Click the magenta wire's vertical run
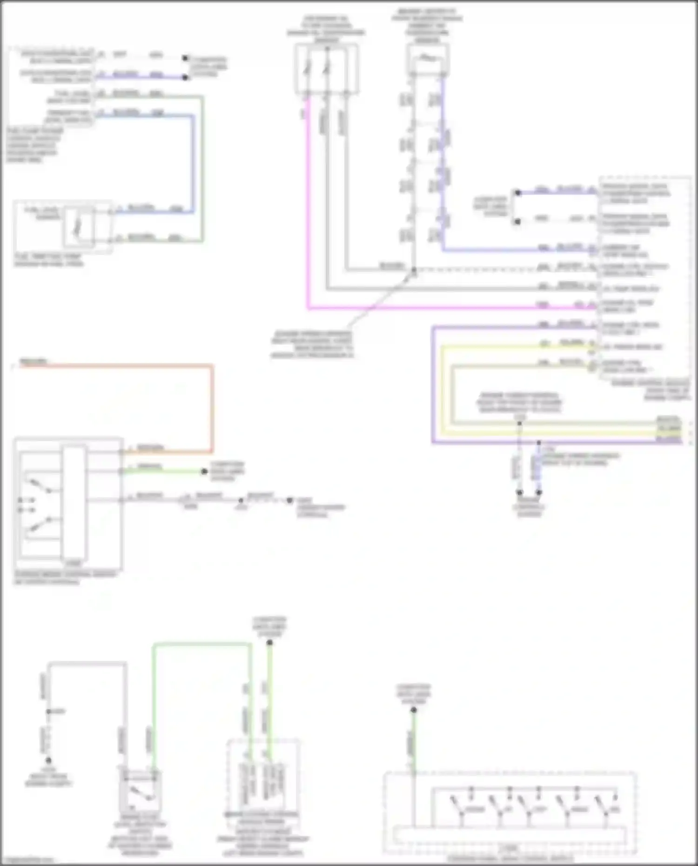(x=308, y=209)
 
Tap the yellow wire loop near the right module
(x=442, y=391)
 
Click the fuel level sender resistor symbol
(x=79, y=228)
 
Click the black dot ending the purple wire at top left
(x=185, y=77)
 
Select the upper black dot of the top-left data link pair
(x=185, y=58)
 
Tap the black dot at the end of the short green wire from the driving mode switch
(x=204, y=471)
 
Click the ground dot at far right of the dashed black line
(x=289, y=500)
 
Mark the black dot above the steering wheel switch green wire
(x=414, y=710)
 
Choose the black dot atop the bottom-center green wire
(x=269, y=643)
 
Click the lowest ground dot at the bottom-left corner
(x=48, y=760)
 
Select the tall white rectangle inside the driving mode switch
(x=74, y=503)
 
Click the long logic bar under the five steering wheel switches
(x=510, y=835)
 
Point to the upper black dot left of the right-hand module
(x=517, y=192)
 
